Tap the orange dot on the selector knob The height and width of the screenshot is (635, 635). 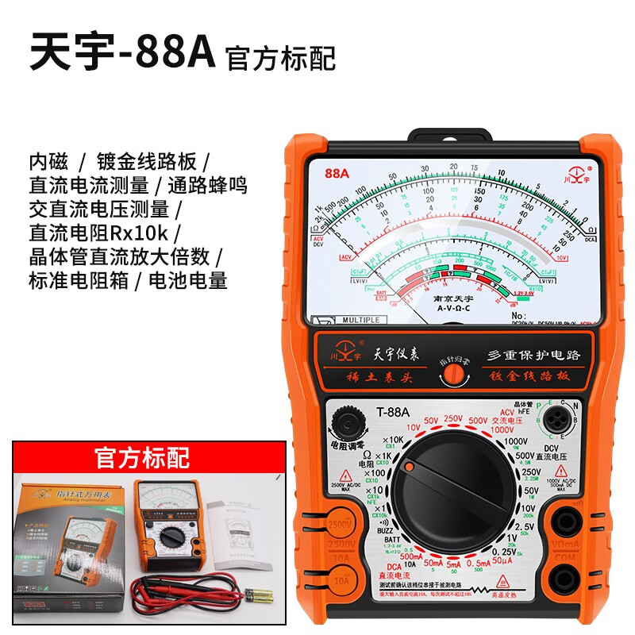coord(409,469)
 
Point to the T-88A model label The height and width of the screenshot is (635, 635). coord(392,410)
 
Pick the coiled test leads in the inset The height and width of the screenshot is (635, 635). coord(183,591)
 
